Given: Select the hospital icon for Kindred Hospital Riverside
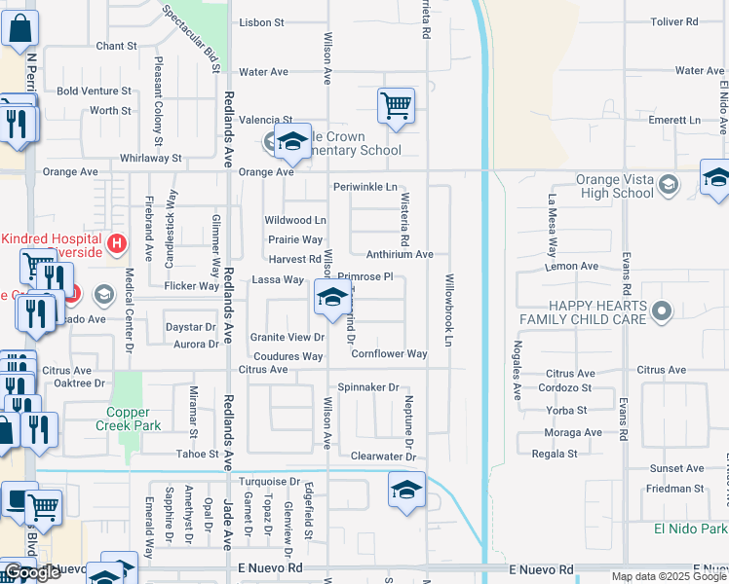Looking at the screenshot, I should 117,242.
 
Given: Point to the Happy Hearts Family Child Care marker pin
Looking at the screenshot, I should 663,312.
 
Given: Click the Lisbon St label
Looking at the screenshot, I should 261,21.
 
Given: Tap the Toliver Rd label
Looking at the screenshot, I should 676,21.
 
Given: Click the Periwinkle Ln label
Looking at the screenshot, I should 365,187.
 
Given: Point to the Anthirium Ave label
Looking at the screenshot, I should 399,254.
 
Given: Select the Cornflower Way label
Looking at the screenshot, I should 389,354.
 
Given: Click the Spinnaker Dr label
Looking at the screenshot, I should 368,387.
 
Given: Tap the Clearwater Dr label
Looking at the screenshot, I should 383,456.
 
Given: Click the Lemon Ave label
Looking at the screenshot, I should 574,266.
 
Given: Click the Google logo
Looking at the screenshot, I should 33,573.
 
